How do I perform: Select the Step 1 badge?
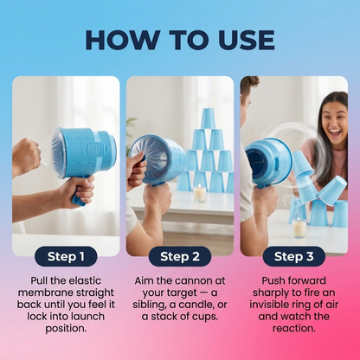pyautogui.click(x=66, y=256)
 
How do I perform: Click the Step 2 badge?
pyautogui.click(x=180, y=256)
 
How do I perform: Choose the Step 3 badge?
pyautogui.click(x=294, y=256)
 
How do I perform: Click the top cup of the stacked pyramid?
pyautogui.click(x=208, y=119)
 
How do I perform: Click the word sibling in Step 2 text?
pyautogui.click(x=152, y=305)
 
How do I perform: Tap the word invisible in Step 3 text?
pyautogui.click(x=272, y=305)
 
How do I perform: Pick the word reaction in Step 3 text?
pyautogui.click(x=294, y=329)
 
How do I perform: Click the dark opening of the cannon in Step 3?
pyautogui.click(x=256, y=162)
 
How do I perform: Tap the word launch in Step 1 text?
pyautogui.click(x=88, y=317)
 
